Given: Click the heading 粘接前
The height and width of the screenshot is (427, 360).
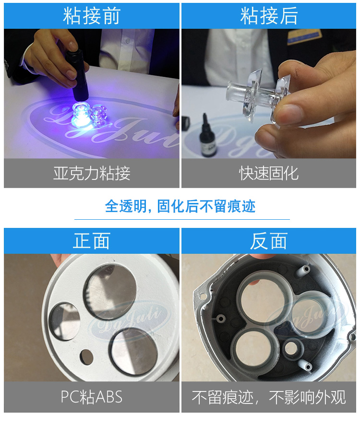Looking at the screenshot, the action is (92, 16).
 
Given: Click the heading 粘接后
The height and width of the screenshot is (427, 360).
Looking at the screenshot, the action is (269, 16).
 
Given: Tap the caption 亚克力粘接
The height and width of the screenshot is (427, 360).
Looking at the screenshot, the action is (92, 173).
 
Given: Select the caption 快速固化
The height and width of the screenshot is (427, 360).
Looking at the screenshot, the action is (269, 173).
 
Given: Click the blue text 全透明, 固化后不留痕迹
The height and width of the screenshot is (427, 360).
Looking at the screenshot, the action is (180, 206).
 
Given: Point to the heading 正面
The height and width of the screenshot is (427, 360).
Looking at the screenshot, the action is (92, 241).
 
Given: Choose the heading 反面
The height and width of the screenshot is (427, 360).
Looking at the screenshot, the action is (269, 241).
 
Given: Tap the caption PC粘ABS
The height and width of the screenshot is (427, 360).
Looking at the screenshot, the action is (92, 397).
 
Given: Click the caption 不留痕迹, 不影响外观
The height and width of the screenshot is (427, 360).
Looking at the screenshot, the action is (269, 397).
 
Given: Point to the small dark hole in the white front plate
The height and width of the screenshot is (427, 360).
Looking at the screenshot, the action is (86, 357).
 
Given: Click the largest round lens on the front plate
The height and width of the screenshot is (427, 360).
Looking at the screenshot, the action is (110, 292).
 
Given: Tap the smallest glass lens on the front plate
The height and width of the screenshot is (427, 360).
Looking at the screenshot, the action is (64, 321).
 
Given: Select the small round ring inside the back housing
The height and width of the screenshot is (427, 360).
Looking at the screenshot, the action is (291, 348).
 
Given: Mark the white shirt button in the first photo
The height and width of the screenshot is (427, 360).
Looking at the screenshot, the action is (127, 41).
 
